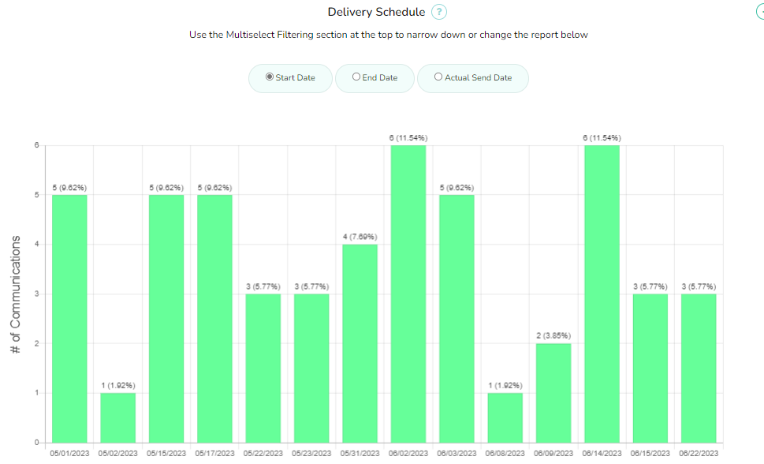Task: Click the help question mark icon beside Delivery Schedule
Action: (x=439, y=12)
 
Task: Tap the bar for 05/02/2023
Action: (x=117, y=417)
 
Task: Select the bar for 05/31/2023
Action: (x=360, y=343)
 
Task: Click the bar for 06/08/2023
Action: (x=505, y=417)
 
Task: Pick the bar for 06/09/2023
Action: (x=553, y=393)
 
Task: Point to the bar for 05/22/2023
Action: (x=263, y=368)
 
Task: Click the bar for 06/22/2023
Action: (x=699, y=368)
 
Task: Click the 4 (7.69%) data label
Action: (x=360, y=237)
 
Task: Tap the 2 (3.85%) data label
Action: (x=553, y=335)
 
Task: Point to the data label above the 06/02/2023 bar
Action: (x=408, y=138)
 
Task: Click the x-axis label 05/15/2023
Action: (x=166, y=454)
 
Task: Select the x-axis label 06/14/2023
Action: (x=602, y=454)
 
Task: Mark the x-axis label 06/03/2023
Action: (x=457, y=454)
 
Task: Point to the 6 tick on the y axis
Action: (x=36, y=145)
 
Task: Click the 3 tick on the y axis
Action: (x=36, y=294)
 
